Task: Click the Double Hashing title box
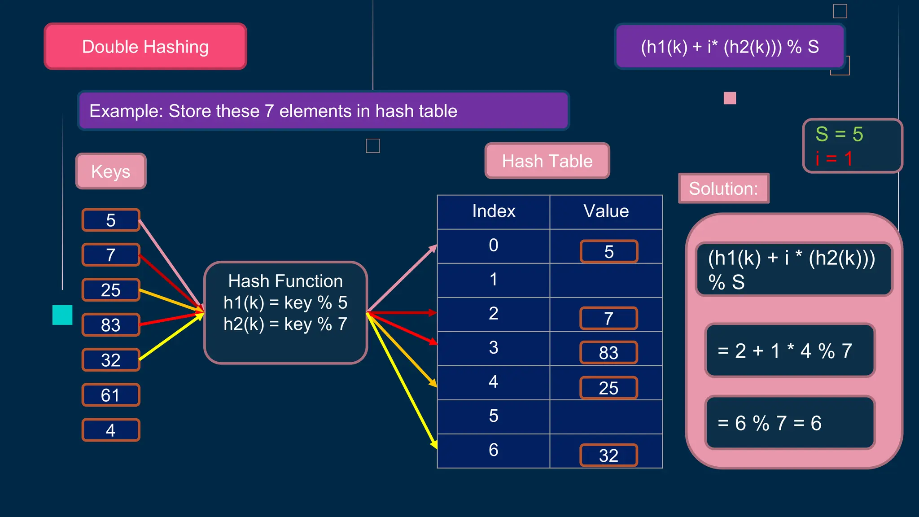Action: point(145,47)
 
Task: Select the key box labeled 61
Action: point(111,395)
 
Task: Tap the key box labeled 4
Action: point(111,430)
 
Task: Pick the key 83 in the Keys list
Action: point(111,325)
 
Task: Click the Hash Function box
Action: point(285,312)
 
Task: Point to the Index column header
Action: point(494,211)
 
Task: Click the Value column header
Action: point(606,211)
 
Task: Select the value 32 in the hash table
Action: point(608,456)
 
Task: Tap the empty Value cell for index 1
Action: point(606,280)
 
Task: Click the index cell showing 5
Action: point(494,416)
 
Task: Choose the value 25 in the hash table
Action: point(608,388)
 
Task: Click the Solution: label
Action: point(723,188)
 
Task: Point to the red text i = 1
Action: point(834,158)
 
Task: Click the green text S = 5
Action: point(839,134)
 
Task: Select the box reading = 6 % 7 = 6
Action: point(790,423)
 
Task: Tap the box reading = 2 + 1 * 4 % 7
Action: point(790,351)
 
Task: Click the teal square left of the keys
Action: point(62,315)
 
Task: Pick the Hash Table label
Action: point(547,161)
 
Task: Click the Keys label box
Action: point(111,171)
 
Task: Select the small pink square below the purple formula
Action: point(730,98)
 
